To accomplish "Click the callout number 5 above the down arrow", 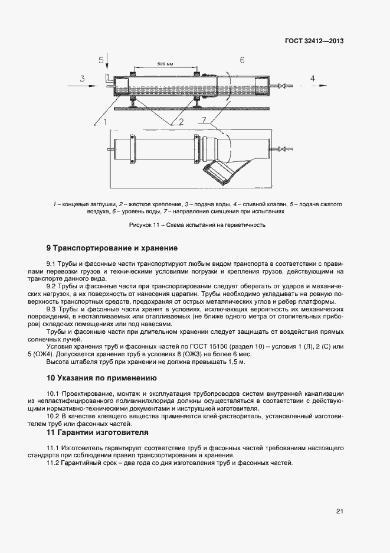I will coord(101,60).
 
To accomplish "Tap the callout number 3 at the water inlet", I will coord(83,79).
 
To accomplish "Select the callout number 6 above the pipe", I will coord(242,60).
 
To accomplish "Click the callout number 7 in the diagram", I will coord(204,121).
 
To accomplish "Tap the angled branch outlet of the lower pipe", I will coord(218,173).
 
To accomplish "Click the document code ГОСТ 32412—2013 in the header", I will coord(314,41).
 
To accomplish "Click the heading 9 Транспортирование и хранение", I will coord(112,248).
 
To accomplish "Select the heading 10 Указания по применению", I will coord(101,377).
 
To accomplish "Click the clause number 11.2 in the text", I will coord(54,462).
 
